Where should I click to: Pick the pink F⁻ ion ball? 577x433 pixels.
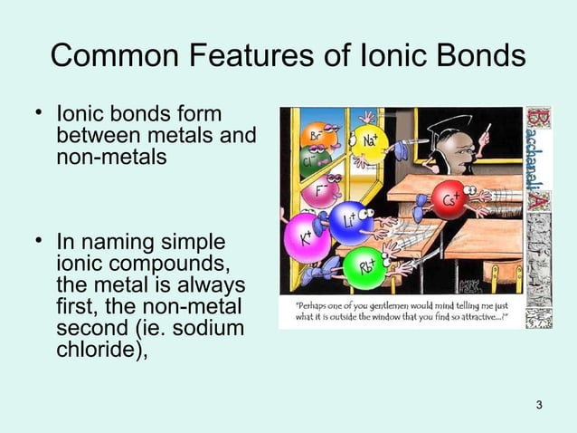(x=319, y=191)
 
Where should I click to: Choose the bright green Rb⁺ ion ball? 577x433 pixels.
(x=365, y=266)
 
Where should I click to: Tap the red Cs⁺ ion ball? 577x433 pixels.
(x=449, y=198)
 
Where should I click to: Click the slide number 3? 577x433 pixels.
(x=540, y=403)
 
